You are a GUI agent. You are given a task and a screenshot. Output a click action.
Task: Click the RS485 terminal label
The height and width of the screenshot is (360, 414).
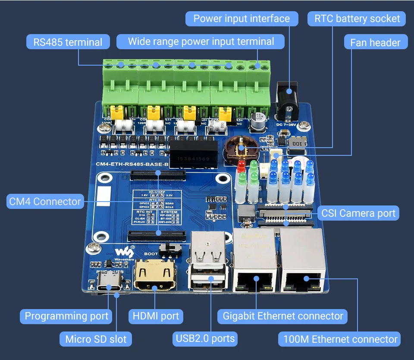pyautogui.click(x=68, y=42)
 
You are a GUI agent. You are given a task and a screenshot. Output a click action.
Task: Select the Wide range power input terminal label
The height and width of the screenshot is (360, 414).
pyautogui.click(x=201, y=42)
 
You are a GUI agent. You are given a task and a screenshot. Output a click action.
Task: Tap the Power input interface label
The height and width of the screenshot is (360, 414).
pyautogui.click(x=241, y=19)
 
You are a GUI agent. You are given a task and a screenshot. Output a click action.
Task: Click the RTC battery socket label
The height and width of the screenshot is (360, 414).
pyautogui.click(x=357, y=19)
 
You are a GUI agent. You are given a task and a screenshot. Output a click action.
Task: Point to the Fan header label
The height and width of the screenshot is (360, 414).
pyautogui.click(x=375, y=42)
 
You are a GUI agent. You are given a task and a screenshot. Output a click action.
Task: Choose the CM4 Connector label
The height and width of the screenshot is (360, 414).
pyautogui.click(x=45, y=202)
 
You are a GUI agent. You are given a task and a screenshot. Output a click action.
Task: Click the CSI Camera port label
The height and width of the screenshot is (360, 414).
pyautogui.click(x=358, y=213)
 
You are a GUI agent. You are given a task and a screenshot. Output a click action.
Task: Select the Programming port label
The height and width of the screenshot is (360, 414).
pyautogui.click(x=66, y=316)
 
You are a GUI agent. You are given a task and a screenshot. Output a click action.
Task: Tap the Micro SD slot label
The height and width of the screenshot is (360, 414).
pyautogui.click(x=96, y=339)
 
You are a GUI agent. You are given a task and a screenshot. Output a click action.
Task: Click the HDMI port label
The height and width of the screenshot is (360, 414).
pyautogui.click(x=156, y=316)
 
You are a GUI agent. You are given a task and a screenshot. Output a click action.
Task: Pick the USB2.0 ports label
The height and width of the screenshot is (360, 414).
pyautogui.click(x=205, y=338)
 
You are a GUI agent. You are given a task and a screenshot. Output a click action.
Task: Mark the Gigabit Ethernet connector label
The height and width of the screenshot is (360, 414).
pyautogui.click(x=283, y=316)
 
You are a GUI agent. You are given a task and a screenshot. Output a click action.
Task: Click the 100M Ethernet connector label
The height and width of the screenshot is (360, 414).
pyautogui.click(x=340, y=339)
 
